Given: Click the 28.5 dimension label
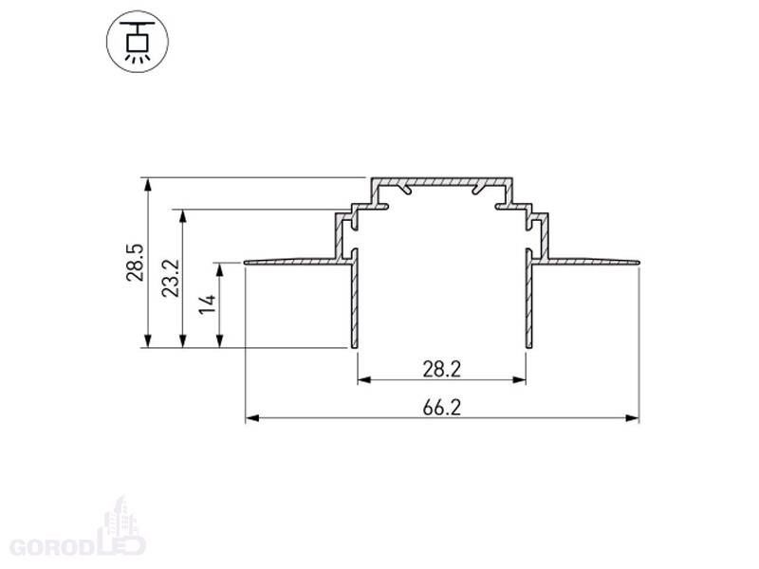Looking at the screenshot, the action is tap(135, 263).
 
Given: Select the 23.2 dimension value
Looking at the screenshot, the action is tap(171, 278).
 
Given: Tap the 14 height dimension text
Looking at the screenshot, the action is tap(208, 303).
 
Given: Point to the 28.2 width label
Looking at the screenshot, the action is tap(442, 370).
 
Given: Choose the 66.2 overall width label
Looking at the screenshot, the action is tap(442, 408).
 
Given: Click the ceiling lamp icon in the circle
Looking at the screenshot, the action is tap(138, 43).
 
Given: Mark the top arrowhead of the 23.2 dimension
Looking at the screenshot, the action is tap(183, 216).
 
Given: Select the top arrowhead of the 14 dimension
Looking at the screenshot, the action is tap(220, 270).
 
